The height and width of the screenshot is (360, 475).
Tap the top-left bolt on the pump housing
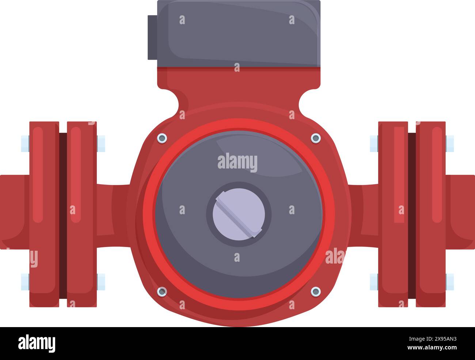coord(161,138)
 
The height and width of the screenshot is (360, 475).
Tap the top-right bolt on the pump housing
coord(316,138)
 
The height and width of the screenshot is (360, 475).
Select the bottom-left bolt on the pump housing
coord(161,291)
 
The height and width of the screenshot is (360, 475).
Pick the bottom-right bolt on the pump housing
coord(316,291)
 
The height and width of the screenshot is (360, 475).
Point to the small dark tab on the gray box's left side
coord(152,37)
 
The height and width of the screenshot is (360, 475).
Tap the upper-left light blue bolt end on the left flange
coord(25,143)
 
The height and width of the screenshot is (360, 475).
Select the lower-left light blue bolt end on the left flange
coord(25,282)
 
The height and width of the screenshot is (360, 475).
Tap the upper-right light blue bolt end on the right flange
coord(450,143)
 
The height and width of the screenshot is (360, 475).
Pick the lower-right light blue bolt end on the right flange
coord(450,282)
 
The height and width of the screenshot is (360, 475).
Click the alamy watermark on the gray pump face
coord(237,163)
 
